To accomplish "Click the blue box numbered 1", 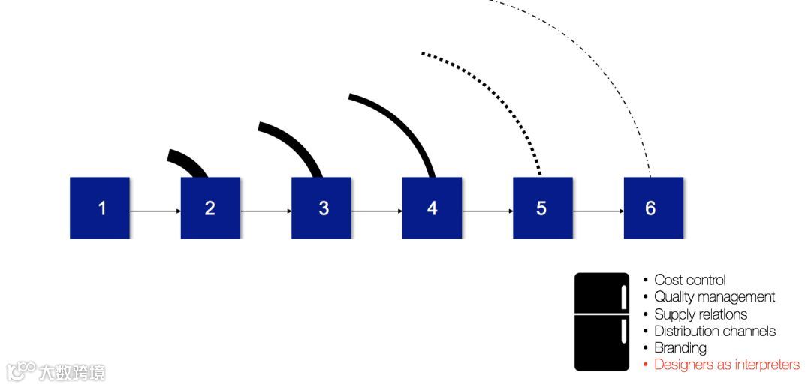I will [100, 208].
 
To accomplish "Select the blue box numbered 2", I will [210, 208].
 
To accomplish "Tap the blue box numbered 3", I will [321, 208].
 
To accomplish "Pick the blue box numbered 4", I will [432, 208].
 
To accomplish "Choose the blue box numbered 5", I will [542, 208].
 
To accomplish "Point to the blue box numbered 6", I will [653, 208].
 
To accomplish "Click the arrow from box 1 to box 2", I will [155, 211].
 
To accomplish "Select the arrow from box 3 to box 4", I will [376, 211].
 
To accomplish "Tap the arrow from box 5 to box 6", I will [598, 211].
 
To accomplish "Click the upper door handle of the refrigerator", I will [623, 296].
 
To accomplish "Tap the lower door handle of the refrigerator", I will [623, 330].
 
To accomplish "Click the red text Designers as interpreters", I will [726, 364].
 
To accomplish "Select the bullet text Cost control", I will [689, 280].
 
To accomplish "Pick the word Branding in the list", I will [680, 347].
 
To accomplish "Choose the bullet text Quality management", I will [714, 297].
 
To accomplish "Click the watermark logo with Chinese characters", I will [56, 371].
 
